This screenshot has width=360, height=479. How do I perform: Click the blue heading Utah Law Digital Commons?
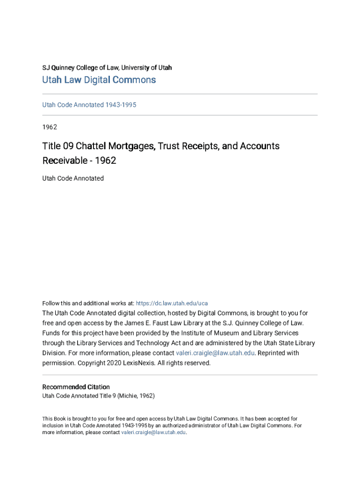[99, 80]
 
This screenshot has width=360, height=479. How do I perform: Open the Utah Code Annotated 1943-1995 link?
[89, 105]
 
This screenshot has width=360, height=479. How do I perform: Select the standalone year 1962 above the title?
[50, 127]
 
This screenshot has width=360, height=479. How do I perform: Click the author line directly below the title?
[73, 178]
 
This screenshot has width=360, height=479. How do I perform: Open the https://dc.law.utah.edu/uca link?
[172, 303]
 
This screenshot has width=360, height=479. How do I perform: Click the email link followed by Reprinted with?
[215, 353]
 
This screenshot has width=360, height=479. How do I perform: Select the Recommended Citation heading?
[76, 387]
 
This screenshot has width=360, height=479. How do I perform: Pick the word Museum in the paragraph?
[226, 333]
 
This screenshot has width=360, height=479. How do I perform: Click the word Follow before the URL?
[51, 303]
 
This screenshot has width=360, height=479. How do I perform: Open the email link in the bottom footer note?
[153, 432]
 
